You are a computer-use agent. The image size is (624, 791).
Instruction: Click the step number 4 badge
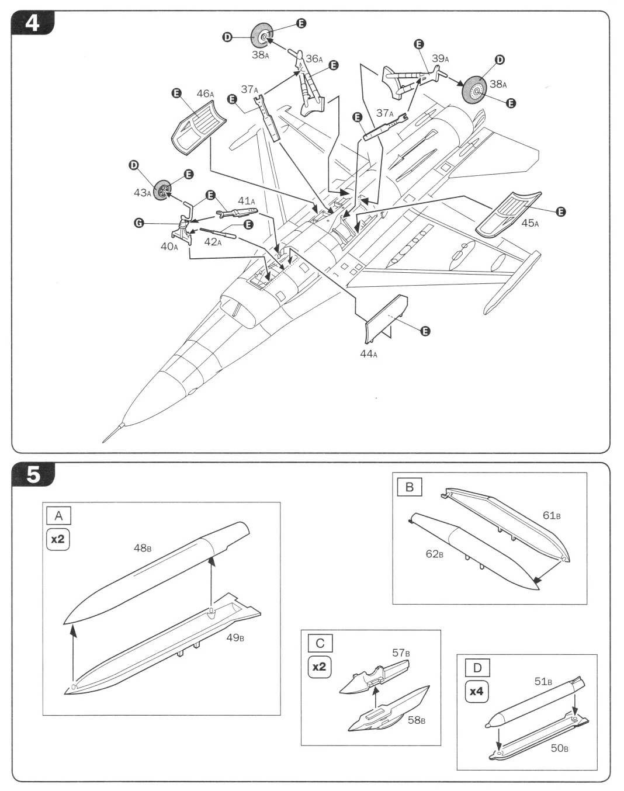coord(33,23)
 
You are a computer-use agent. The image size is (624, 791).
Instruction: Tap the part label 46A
coord(205,94)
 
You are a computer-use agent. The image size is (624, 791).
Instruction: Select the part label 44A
coord(368,354)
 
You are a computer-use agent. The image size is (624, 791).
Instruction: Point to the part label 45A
coord(530,223)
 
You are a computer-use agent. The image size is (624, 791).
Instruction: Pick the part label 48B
coord(143,548)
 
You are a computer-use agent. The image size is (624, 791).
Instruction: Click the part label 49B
coord(235,637)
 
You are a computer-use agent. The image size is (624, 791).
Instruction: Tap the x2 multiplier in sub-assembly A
coord(58,539)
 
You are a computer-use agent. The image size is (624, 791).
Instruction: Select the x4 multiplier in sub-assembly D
coord(476,691)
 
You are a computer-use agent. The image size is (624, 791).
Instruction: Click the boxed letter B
coord(409,487)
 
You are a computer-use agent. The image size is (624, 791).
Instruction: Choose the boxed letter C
coord(320,643)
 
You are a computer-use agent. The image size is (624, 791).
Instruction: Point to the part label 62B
coord(434,553)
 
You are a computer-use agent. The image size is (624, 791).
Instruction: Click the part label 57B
coord(401,653)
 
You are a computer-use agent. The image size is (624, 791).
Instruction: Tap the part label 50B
coord(559,748)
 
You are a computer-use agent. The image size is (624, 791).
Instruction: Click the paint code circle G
coord(138,223)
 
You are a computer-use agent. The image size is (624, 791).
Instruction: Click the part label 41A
coord(247,201)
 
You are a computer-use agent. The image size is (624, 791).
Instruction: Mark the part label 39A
coord(441,58)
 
